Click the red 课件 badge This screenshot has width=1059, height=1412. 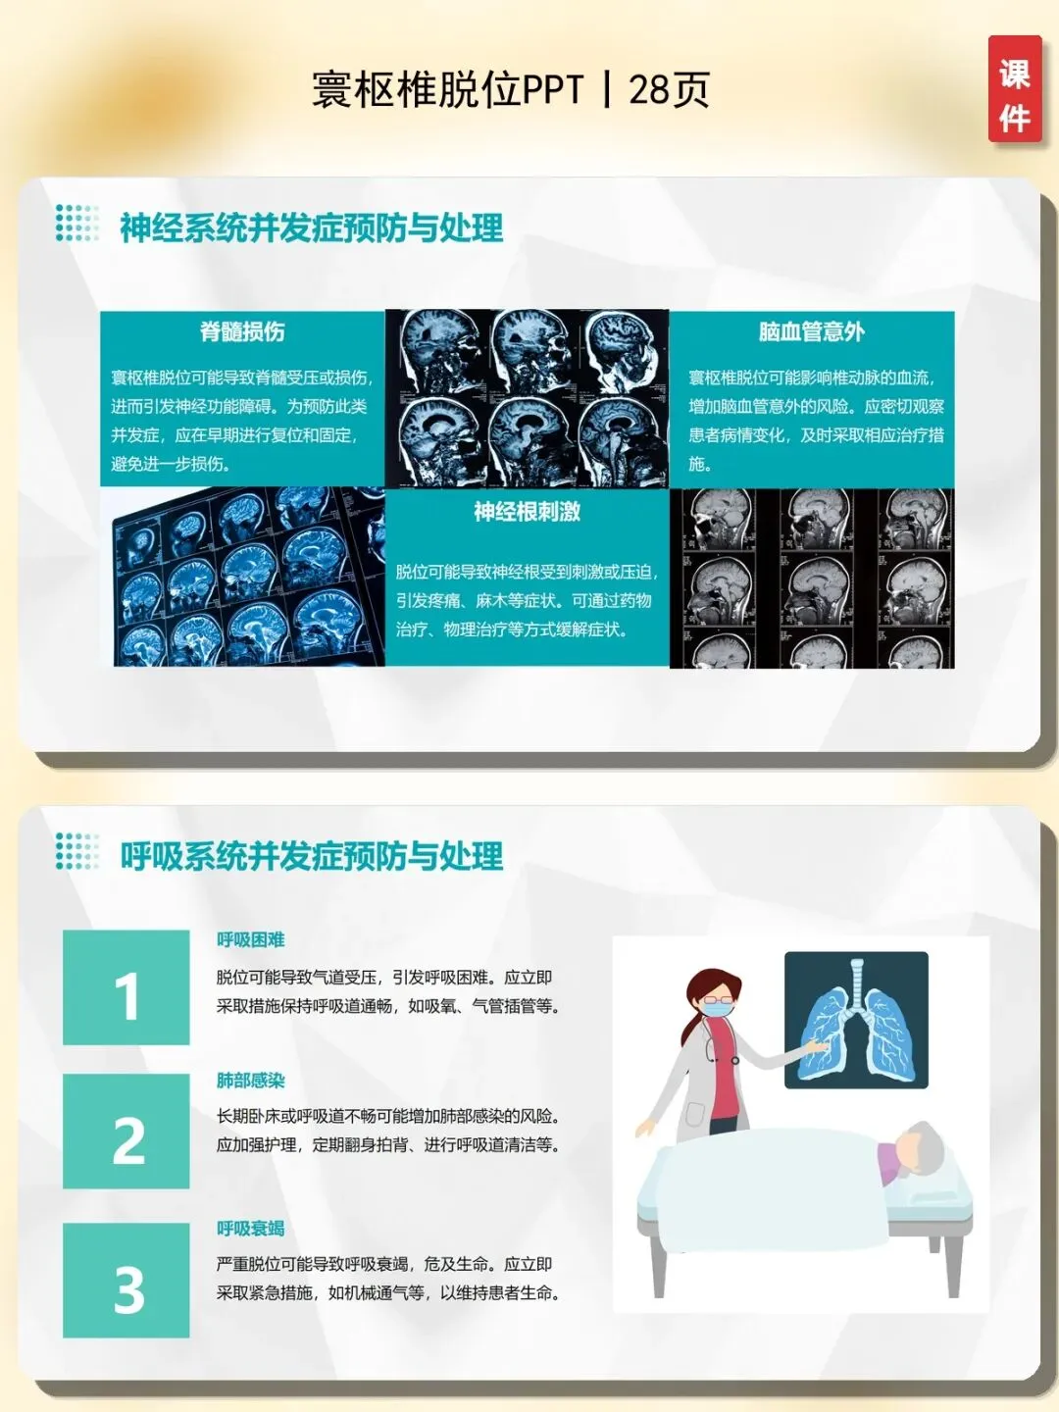1015,89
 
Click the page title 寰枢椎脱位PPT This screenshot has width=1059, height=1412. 448,89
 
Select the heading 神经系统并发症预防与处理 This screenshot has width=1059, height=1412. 312,227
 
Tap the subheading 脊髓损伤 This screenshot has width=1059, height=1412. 242,332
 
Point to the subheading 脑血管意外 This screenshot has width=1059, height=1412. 812,332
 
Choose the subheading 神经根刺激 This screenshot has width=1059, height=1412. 528,512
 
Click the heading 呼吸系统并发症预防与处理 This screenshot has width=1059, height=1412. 312,856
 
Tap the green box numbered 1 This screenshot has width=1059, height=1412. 126,986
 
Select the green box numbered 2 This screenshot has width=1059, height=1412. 126,1131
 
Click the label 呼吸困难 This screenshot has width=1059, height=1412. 251,939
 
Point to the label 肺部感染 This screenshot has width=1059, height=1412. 251,1081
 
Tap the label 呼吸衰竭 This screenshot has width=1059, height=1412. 251,1229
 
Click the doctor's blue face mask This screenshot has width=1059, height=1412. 718,1007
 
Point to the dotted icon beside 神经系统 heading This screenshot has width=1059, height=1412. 77,223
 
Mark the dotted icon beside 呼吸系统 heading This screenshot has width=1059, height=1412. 77,851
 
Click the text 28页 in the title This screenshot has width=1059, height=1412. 670,89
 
